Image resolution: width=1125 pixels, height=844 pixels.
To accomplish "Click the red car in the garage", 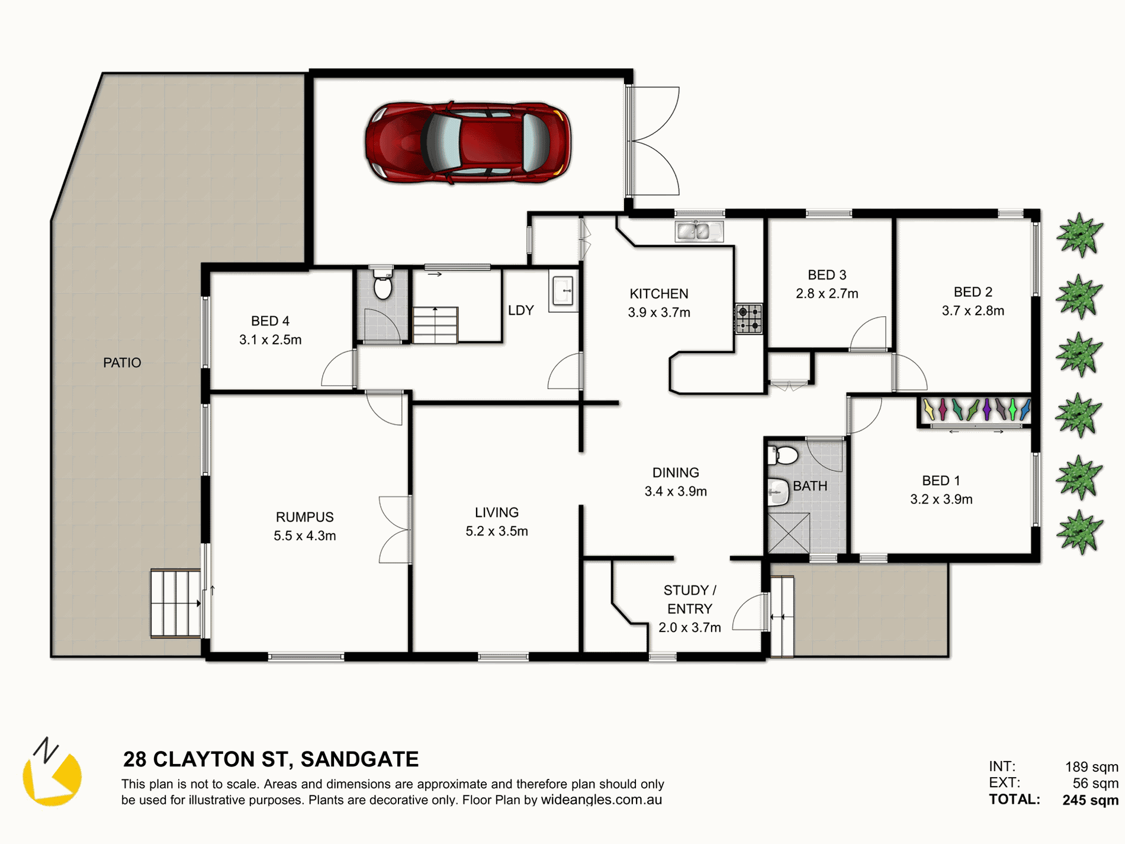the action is tap(468, 143).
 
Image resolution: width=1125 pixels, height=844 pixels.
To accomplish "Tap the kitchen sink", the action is tap(699, 231).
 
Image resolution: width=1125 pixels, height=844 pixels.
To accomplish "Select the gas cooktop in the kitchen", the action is tap(748, 319).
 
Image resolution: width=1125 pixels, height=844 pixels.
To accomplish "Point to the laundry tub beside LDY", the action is tap(563, 291).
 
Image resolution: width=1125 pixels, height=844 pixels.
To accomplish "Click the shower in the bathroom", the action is tap(789, 534).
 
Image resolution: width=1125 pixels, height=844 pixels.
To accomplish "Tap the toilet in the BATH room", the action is tap(783, 455).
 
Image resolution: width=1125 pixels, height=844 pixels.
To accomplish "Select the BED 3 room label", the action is tap(827, 275).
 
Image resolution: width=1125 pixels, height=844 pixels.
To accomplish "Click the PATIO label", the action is tap(122, 362).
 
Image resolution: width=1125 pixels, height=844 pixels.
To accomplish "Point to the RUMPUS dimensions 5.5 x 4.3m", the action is tap(305, 536).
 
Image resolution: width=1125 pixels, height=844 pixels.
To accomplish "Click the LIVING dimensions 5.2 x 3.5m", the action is tap(497, 531).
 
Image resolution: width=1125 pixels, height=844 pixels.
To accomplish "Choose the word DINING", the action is tap(676, 473).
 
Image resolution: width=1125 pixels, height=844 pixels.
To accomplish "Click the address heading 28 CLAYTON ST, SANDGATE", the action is tap(271, 759).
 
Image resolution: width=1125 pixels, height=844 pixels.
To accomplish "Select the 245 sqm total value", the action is tap(1090, 800).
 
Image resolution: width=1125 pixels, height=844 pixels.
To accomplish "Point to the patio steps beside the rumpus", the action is tap(176, 603).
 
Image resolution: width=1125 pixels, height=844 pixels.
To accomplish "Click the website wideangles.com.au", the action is tap(602, 800).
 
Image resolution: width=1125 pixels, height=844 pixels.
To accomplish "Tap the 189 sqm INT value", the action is tap(1092, 767).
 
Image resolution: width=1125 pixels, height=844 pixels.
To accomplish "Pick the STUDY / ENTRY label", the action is tap(690, 599).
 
